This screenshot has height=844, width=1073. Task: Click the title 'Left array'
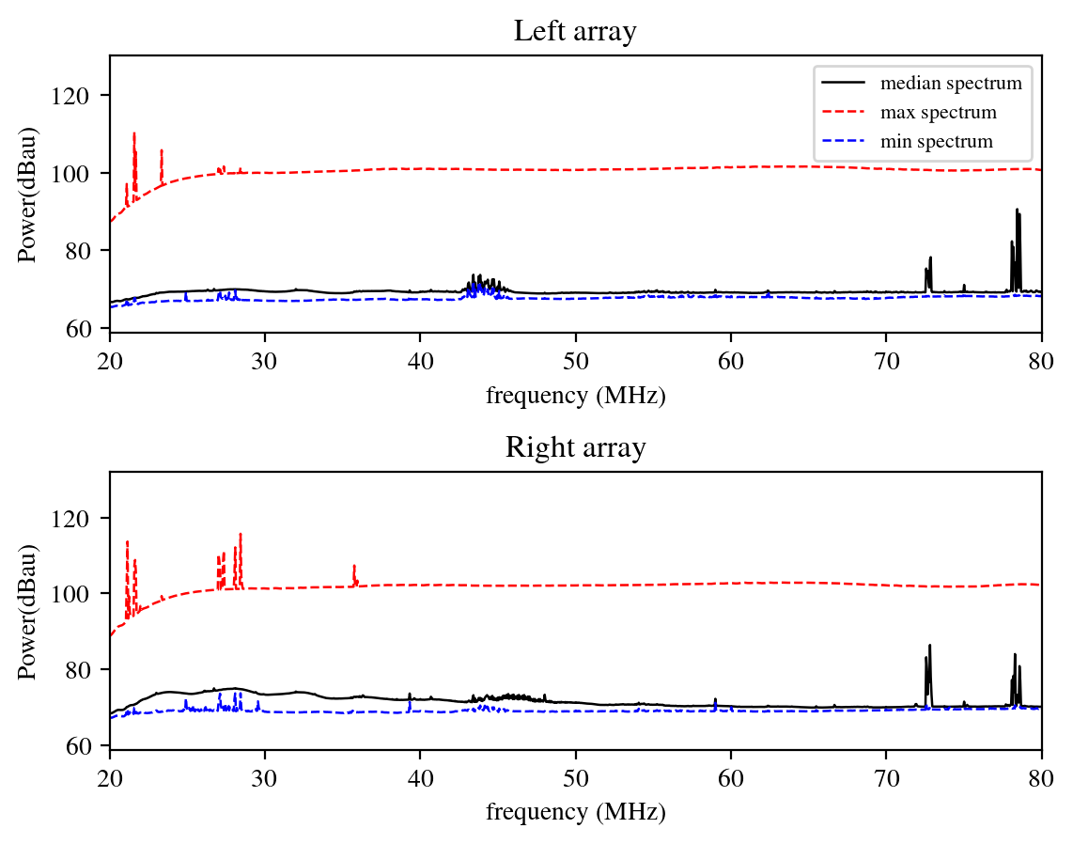coord(575,32)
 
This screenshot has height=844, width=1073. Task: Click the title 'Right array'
coord(575,447)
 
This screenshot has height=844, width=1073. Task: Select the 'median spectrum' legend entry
coord(951,83)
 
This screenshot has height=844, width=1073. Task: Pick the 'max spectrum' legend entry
coord(938,113)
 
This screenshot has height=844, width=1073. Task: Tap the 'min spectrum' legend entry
coord(936,142)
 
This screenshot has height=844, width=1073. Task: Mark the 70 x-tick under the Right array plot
coord(885,780)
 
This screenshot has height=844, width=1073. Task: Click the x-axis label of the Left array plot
coord(575,396)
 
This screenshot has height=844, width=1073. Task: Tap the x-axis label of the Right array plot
coord(575,812)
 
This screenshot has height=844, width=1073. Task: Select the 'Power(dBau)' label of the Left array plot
coord(28,194)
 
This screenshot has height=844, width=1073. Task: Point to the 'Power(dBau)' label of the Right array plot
coord(28,611)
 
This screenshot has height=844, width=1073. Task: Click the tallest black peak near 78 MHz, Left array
coord(1017,211)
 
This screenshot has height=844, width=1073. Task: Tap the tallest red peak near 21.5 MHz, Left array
coord(134,134)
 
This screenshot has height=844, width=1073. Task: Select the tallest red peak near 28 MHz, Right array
coord(241,535)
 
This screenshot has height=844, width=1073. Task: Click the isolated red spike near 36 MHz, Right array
coord(354,567)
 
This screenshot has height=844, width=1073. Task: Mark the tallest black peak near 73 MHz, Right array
coord(929,646)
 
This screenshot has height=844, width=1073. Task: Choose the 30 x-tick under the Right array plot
coord(265,780)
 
